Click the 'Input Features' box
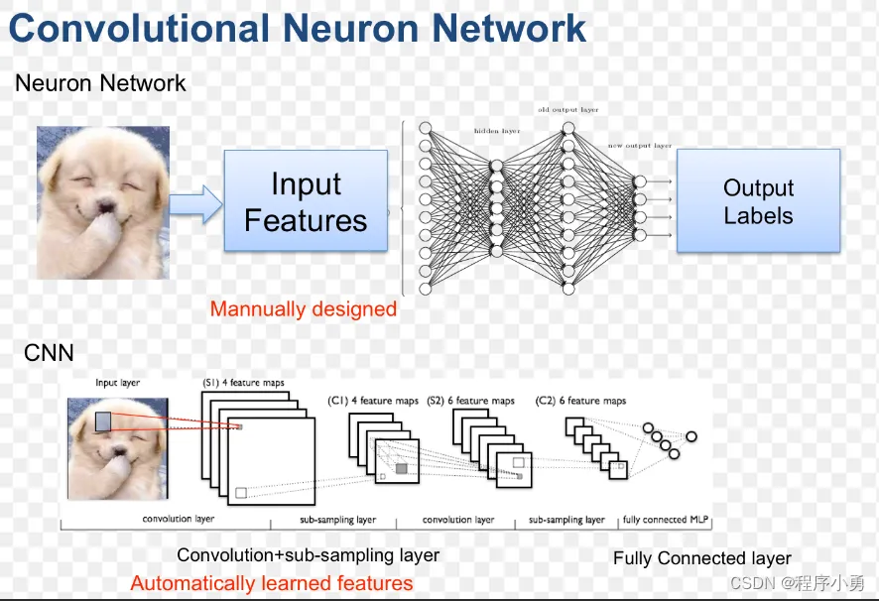coord(306,201)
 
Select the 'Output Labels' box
coord(758,201)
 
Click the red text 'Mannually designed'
coord(304,309)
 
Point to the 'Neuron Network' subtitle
coord(100,83)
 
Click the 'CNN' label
coord(49,352)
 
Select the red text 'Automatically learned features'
coord(272,583)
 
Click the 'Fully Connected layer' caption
coord(702,558)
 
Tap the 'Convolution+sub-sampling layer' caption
coord(309,555)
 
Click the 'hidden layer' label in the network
coord(496,131)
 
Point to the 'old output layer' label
coord(567,110)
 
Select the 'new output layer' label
coord(639,146)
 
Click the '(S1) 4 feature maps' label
coord(244,382)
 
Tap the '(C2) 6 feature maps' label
coord(581,401)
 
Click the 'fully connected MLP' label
coord(667,520)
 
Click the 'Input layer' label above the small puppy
coord(117,383)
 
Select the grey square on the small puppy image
coord(103,421)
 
